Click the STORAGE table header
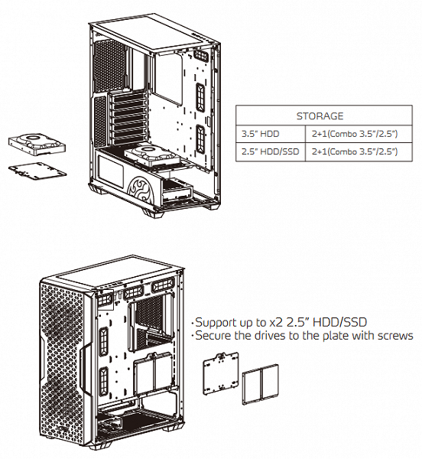click(x=320, y=116)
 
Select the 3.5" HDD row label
click(x=260, y=134)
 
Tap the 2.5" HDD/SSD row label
click(x=270, y=151)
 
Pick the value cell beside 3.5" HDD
click(x=355, y=134)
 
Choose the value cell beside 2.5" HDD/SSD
click(x=355, y=151)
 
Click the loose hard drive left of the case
click(x=37, y=145)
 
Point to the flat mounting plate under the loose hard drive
click(x=37, y=171)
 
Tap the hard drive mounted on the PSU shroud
click(x=152, y=156)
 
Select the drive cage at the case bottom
click(x=177, y=190)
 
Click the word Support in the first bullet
click(x=216, y=323)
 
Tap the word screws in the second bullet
click(x=395, y=336)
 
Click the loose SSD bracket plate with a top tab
click(x=221, y=373)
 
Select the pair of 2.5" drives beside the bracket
click(x=260, y=384)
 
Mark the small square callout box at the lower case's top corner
click(x=105, y=299)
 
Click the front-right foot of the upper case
click(x=154, y=213)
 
